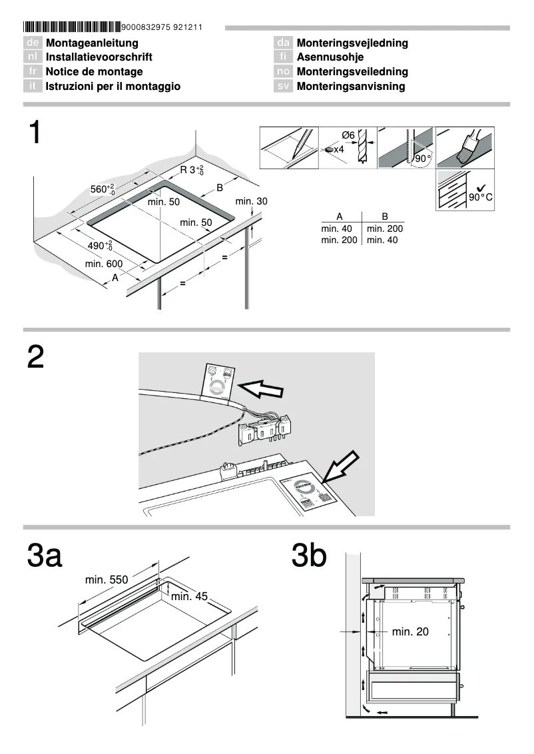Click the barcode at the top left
(x=72, y=27)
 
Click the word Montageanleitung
(x=92, y=43)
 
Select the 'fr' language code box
(x=32, y=72)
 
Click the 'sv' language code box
(x=284, y=87)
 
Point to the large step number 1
(x=36, y=133)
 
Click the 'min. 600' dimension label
(x=103, y=264)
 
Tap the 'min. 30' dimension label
(x=251, y=201)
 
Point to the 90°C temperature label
(x=480, y=198)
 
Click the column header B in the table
(x=384, y=216)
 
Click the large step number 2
(x=36, y=358)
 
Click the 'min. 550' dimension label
(x=106, y=580)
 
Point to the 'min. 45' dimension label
(x=190, y=596)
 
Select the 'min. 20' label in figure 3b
(x=410, y=631)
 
